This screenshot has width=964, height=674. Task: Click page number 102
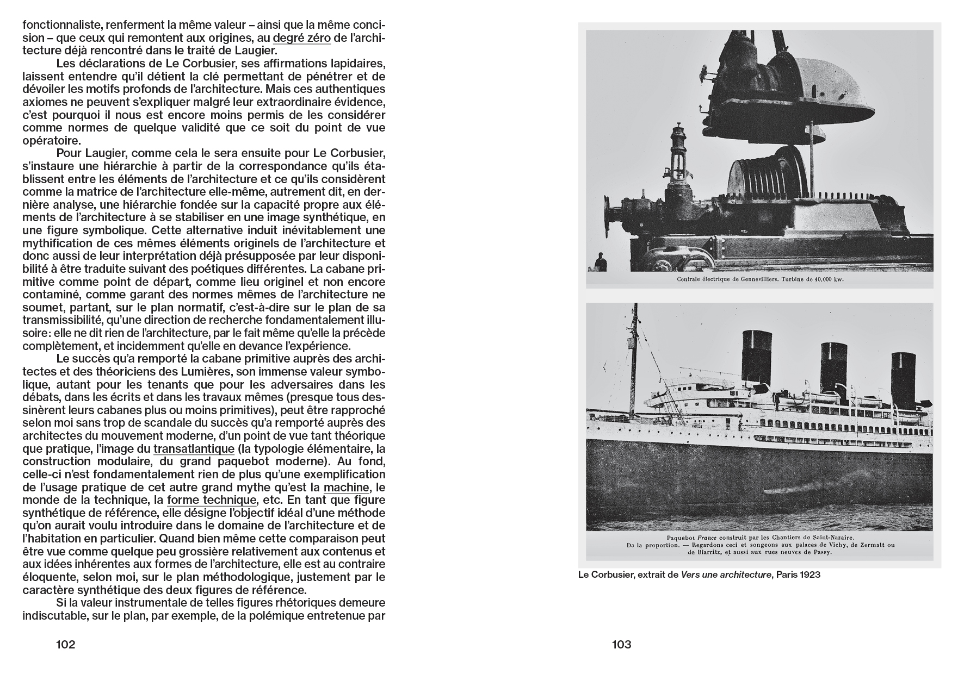(65, 645)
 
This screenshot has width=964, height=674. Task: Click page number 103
(621, 645)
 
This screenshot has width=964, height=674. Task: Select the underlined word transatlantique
(194, 449)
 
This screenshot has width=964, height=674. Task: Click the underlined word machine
(346, 488)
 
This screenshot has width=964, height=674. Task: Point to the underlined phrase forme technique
(211, 500)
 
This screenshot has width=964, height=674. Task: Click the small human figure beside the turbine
(601, 262)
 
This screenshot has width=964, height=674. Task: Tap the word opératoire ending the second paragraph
(50, 140)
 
